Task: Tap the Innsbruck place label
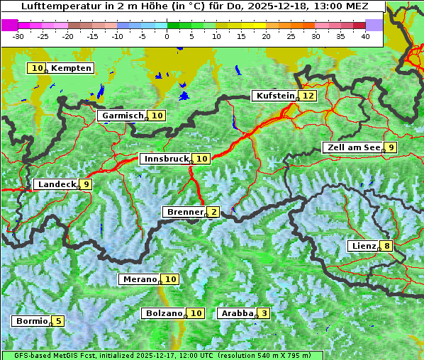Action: pyautogui.click(x=165, y=159)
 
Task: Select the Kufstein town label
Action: pyautogui.click(x=274, y=96)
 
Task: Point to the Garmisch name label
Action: pyautogui.click(x=122, y=116)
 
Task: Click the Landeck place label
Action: pyautogui.click(x=56, y=184)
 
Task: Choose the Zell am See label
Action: pyautogui.click(x=352, y=147)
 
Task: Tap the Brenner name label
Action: pyautogui.click(x=184, y=212)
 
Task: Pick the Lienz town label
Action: pyautogui.click(x=363, y=246)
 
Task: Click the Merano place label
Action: pyautogui.click(x=139, y=279)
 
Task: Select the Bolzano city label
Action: pyautogui.click(x=164, y=313)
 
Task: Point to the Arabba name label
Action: pyautogui.click(x=237, y=313)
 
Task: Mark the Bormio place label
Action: pyautogui.click(x=31, y=321)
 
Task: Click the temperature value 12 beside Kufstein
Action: pyautogui.click(x=308, y=96)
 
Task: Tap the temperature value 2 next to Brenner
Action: pyautogui.click(x=213, y=212)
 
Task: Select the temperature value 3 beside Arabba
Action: pyautogui.click(x=264, y=313)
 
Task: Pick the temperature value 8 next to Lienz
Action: pyautogui.click(x=386, y=246)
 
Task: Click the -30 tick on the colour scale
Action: pyautogui.click(x=18, y=36)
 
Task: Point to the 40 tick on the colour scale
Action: pyautogui.click(x=365, y=36)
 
